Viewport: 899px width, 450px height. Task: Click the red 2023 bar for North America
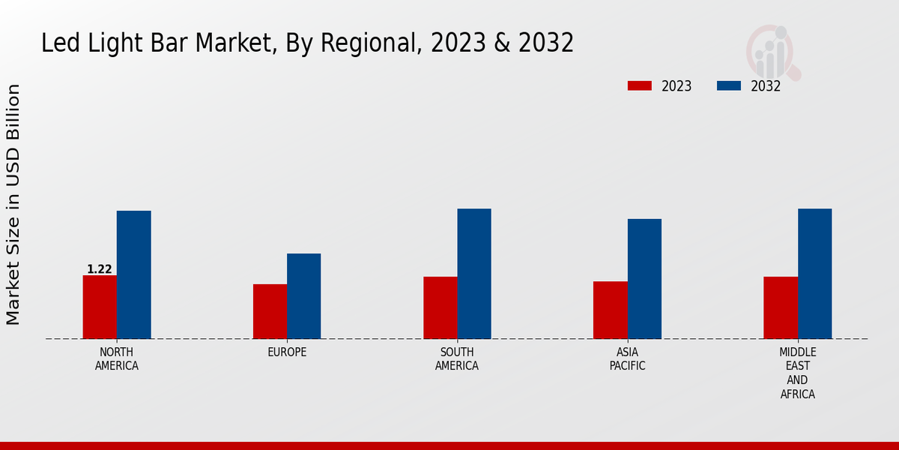coord(100,307)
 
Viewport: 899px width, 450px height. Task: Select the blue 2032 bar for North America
coord(133,274)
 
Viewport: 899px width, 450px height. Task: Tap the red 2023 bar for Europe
coord(270,311)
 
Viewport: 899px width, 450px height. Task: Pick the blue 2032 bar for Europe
coord(303,296)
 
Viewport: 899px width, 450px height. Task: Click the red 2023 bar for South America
coord(440,307)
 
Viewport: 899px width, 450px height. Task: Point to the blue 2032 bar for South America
coord(474,274)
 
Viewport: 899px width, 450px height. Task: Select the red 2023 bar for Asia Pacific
coord(610,310)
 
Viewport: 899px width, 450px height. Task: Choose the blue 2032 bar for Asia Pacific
coord(644,278)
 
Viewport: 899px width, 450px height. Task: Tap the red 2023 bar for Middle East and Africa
coord(781,307)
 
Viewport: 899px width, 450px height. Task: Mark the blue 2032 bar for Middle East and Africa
coord(814,274)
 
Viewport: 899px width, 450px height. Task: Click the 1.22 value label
coord(100,269)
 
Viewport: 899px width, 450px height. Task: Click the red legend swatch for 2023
coord(639,85)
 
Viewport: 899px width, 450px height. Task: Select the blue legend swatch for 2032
coord(728,85)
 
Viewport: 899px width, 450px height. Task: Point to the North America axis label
coord(117,359)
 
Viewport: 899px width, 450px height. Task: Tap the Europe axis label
coord(287,352)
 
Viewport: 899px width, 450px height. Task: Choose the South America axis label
coord(457,359)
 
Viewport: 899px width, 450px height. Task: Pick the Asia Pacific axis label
coord(627,359)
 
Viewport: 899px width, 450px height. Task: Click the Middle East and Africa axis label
coord(797,373)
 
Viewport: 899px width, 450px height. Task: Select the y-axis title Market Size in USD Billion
coord(13,204)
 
